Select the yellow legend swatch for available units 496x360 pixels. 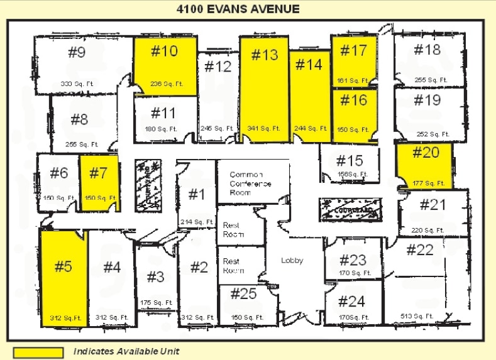38,352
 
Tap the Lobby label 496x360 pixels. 292,260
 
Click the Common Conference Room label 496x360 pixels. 250,183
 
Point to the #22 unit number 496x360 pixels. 420,250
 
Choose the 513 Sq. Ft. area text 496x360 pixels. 417,316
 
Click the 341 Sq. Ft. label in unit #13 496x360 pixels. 265,128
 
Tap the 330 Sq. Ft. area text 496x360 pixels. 75,84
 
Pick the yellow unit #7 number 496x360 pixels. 99,173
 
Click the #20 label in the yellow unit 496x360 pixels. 426,152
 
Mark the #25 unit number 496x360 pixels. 243,293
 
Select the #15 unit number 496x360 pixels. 350,161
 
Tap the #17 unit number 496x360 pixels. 354,50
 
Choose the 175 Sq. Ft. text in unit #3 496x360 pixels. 157,302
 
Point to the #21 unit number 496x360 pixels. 433,204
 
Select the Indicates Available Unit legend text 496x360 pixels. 127,352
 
